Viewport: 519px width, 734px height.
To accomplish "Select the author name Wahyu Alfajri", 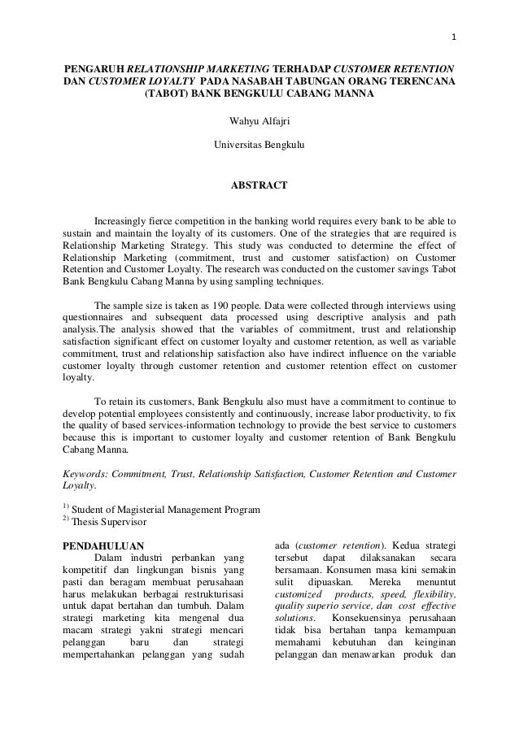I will tap(259, 124).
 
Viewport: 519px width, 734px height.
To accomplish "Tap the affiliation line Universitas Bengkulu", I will tap(259, 145).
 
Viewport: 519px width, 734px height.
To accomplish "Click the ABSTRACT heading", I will tap(259, 186).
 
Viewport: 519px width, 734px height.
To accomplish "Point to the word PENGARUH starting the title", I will tap(95, 66).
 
